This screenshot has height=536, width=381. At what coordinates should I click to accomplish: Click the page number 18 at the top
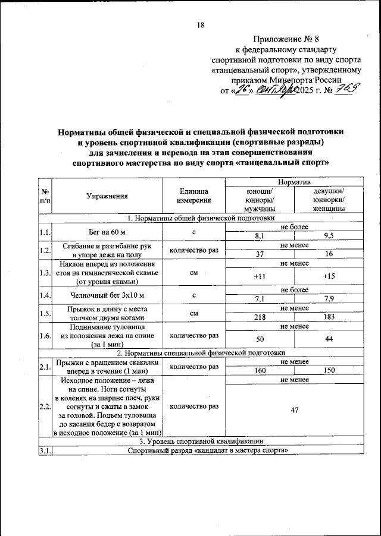[200, 25]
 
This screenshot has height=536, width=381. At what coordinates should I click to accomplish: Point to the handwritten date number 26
[241, 90]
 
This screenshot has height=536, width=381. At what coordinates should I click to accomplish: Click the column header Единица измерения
[193, 196]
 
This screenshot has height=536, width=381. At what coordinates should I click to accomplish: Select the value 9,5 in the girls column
[328, 236]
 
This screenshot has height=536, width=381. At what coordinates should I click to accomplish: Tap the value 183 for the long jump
[328, 317]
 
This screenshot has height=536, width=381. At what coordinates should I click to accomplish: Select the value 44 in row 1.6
[328, 338]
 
